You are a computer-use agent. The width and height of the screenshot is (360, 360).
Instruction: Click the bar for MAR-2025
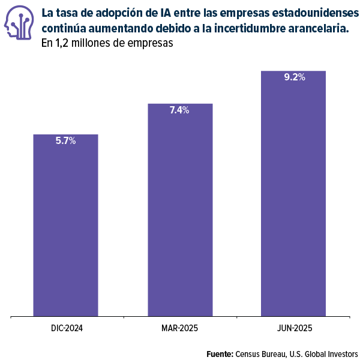[x=179, y=210]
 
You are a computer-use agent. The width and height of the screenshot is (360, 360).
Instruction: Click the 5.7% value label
[x=65, y=141]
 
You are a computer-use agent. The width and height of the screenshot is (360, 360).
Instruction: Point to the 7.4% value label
[x=179, y=110]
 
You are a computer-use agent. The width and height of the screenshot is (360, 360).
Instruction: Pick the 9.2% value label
[x=294, y=77]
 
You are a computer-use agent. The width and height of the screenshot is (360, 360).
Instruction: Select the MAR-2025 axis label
[x=179, y=328]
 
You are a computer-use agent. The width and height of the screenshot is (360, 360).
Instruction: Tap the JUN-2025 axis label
[x=295, y=328]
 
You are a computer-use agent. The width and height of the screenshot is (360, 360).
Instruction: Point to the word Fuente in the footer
[x=220, y=353]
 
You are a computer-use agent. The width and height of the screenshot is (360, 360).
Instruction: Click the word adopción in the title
[x=112, y=13]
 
